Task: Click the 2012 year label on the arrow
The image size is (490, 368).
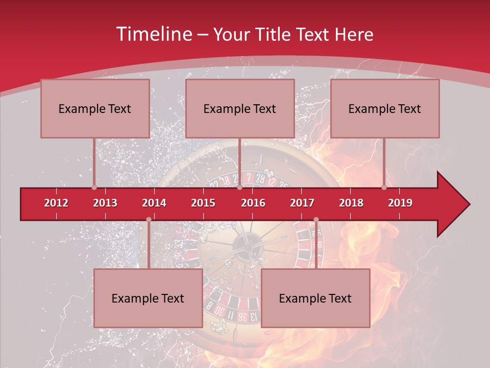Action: pos(56,203)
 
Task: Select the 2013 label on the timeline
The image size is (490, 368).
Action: pos(105,203)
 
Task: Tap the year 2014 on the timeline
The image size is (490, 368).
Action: pos(154,203)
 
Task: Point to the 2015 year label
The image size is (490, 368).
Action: pos(203,203)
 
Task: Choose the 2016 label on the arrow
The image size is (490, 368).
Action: pos(253,203)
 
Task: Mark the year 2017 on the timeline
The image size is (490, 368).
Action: pos(302,203)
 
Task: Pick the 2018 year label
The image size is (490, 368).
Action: pos(351,203)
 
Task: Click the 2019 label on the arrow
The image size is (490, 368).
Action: pos(400,203)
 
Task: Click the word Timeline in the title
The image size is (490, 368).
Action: pos(153,34)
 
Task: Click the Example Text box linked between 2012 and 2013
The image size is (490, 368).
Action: pos(95,108)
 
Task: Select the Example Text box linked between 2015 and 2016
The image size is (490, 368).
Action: pos(240,108)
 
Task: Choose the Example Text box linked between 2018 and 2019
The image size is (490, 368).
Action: pos(385,108)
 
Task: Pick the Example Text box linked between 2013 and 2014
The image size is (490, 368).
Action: pos(148,298)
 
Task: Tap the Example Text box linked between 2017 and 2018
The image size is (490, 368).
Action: pos(315,298)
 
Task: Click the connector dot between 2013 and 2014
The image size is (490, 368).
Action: pos(149,219)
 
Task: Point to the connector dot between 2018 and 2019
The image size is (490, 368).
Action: pos(384,187)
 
